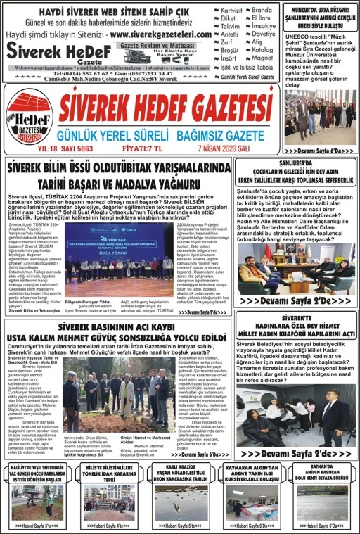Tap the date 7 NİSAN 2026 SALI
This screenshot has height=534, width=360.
pyautogui.click(x=236, y=148)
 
